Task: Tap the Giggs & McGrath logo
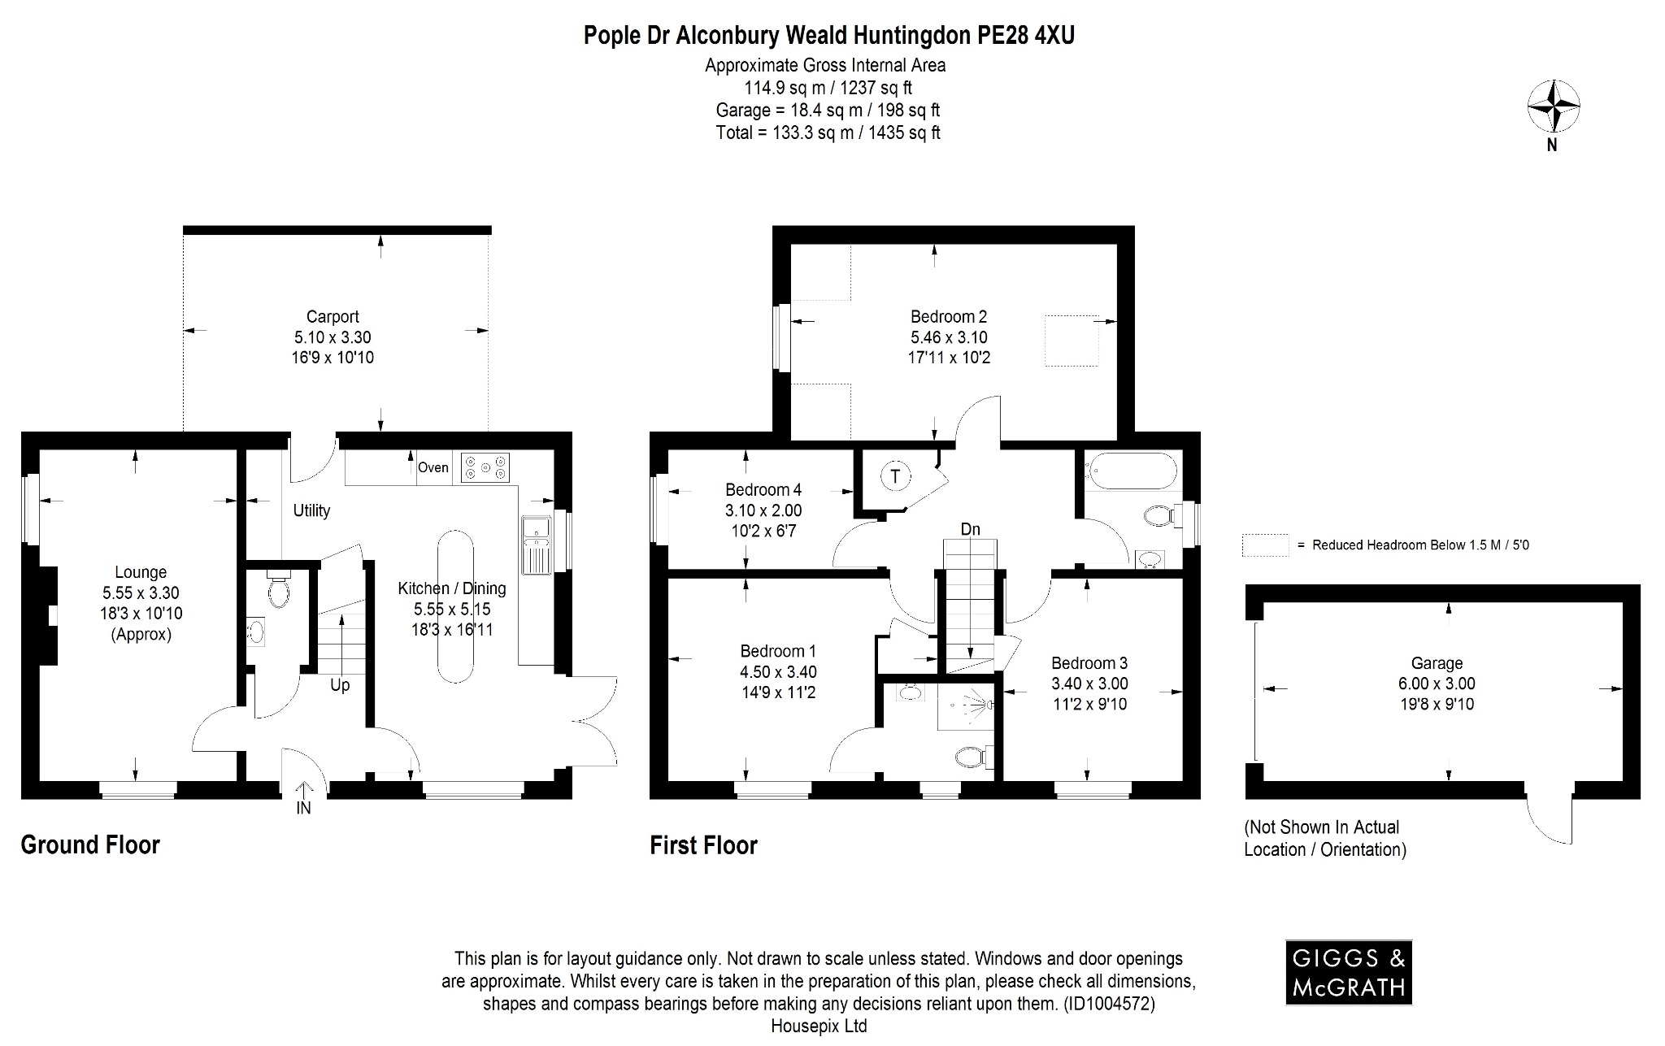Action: (x=1348, y=972)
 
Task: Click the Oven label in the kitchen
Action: (x=433, y=467)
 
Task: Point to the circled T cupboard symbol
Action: (x=896, y=476)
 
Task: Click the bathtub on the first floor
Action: (x=1132, y=471)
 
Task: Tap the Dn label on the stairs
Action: (x=970, y=529)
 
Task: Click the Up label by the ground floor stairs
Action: (x=340, y=685)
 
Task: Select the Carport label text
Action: (x=333, y=317)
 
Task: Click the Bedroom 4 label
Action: (x=763, y=489)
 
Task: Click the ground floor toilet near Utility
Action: (x=278, y=592)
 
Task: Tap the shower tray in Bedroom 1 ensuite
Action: (x=966, y=705)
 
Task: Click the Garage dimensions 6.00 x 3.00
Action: (x=1437, y=684)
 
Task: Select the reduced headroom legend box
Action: (x=1265, y=545)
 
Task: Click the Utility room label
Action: (x=311, y=510)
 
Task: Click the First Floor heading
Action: (x=703, y=845)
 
